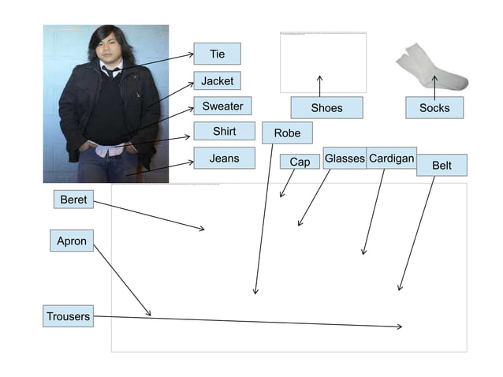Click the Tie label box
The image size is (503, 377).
(x=217, y=54)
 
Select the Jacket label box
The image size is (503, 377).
(x=217, y=81)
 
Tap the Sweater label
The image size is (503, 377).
(x=222, y=106)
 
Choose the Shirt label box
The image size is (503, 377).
(x=224, y=131)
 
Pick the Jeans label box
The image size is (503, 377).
(x=224, y=158)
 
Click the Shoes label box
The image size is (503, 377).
(x=326, y=107)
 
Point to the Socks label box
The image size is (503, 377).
(x=434, y=107)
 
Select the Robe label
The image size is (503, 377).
(x=287, y=133)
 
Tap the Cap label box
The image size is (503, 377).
(x=300, y=162)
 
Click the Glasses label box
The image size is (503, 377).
(x=345, y=159)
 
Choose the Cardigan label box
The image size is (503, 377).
(x=391, y=159)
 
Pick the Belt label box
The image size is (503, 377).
(x=442, y=166)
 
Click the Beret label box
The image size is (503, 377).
(x=73, y=200)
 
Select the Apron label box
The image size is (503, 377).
(x=72, y=241)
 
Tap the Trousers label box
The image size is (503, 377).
(x=69, y=316)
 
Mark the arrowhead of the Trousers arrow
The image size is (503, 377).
(x=401, y=326)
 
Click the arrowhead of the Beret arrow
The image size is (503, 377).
(x=203, y=230)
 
